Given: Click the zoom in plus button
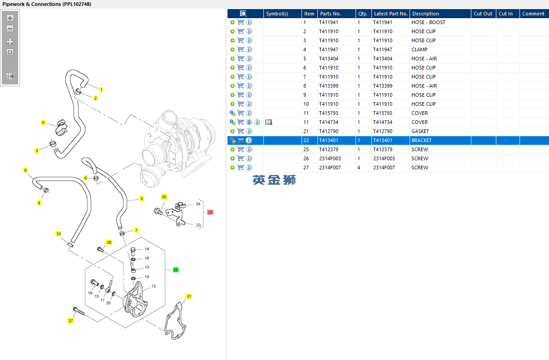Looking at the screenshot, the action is [10, 18].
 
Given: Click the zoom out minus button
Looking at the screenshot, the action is [10, 29].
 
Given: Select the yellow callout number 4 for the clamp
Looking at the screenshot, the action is [43, 122].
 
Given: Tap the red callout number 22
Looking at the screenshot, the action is [210, 212].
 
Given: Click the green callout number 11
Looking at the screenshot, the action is [176, 270].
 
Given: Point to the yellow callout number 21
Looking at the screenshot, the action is [189, 296].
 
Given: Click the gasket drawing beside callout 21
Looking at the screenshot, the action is [175, 321].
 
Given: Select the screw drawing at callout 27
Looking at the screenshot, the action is [79, 311].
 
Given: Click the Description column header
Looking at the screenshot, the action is [425, 14].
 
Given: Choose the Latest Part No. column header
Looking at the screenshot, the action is [391, 14].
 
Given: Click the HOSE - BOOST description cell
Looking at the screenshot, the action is [428, 22].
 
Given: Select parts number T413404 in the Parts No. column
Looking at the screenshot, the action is [329, 59].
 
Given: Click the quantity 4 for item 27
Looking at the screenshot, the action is [359, 168].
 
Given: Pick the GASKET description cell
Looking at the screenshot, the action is [420, 131].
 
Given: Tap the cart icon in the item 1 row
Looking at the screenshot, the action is [241, 22].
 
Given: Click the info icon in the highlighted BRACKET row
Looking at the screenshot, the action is [249, 140].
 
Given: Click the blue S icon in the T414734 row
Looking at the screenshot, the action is [249, 122].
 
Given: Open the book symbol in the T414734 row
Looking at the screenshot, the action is [269, 122].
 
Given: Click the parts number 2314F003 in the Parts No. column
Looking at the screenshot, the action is [330, 158].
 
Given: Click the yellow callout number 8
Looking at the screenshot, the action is [25, 170].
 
